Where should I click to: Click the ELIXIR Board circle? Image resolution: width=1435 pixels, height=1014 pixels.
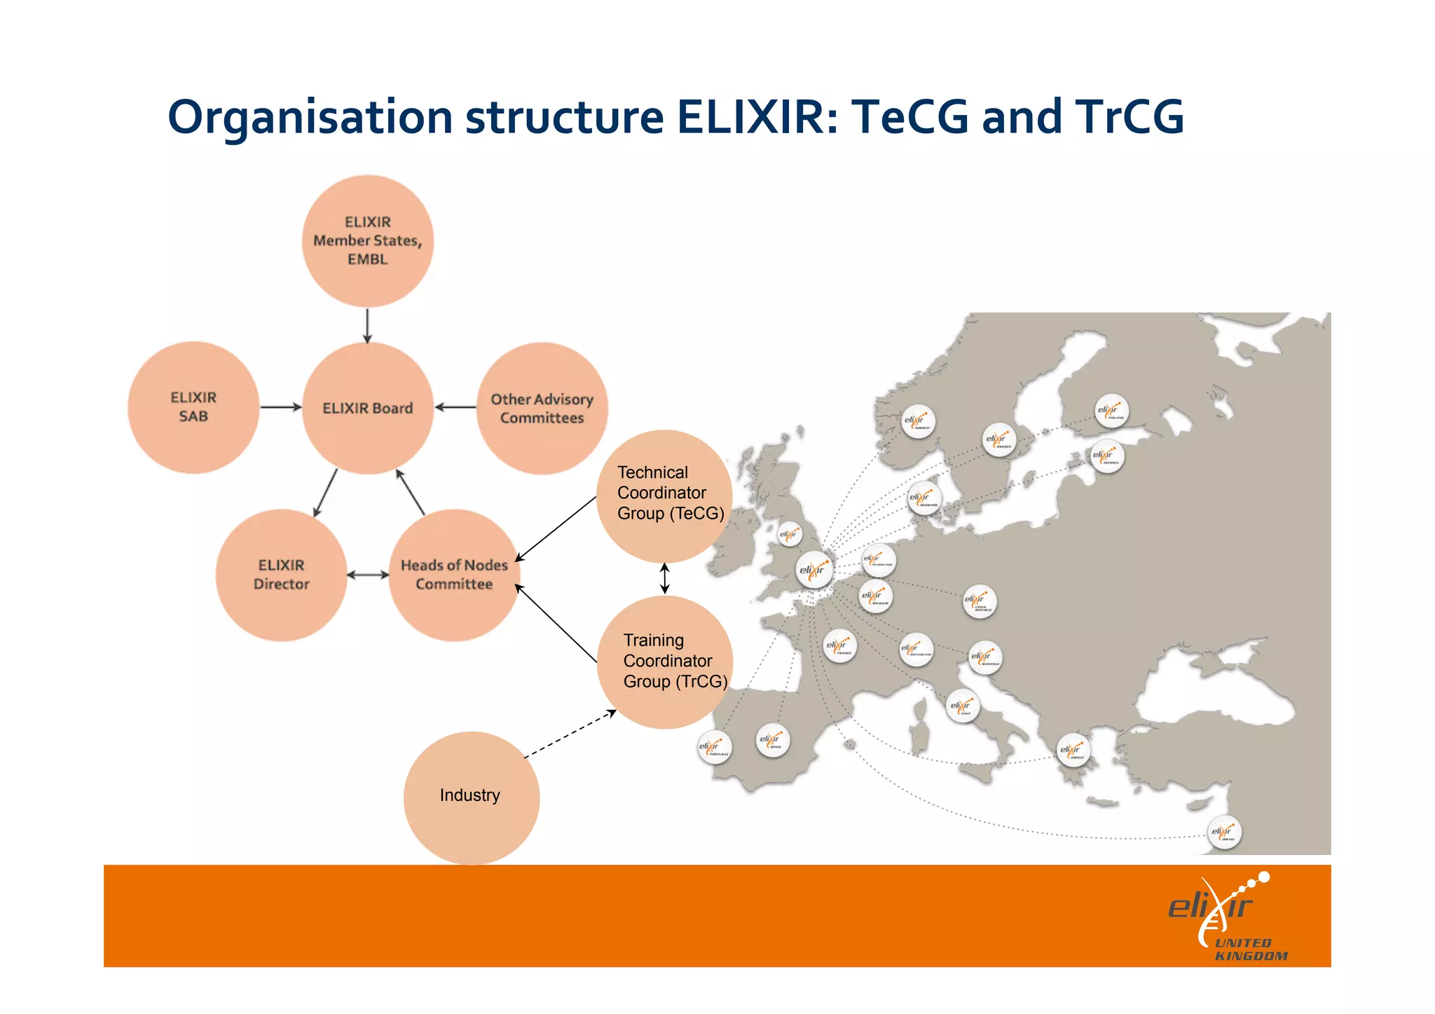[368, 408]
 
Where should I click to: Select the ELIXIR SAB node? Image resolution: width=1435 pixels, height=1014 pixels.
[193, 407]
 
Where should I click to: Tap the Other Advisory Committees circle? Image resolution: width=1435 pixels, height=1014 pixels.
[542, 409]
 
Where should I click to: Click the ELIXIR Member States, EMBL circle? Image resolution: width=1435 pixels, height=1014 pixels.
[368, 240]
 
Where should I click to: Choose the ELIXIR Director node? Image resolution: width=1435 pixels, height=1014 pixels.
[281, 575]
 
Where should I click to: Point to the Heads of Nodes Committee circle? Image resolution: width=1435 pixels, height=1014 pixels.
[454, 575]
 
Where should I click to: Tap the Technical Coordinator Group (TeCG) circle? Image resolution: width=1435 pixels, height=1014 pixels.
[664, 495]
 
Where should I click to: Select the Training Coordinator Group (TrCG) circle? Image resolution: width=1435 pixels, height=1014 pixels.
[665, 662]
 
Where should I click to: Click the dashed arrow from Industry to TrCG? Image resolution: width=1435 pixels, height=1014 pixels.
[570, 735]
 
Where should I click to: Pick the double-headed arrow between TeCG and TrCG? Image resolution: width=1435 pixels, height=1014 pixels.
[665, 579]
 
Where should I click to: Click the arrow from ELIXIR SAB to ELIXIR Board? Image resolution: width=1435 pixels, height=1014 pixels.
[280, 407]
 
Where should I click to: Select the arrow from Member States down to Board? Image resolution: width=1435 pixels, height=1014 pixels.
[367, 325]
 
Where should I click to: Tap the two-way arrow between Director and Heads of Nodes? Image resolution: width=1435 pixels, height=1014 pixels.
[368, 575]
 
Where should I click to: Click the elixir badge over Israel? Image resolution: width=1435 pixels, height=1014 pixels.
[1224, 833]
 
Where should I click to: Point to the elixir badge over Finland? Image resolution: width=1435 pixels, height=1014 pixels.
[1111, 411]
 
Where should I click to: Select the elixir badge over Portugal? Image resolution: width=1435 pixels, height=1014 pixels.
[714, 748]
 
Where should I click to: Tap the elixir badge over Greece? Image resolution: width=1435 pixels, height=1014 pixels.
[1072, 751]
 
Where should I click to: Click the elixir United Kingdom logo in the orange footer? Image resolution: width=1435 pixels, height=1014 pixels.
[1227, 918]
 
